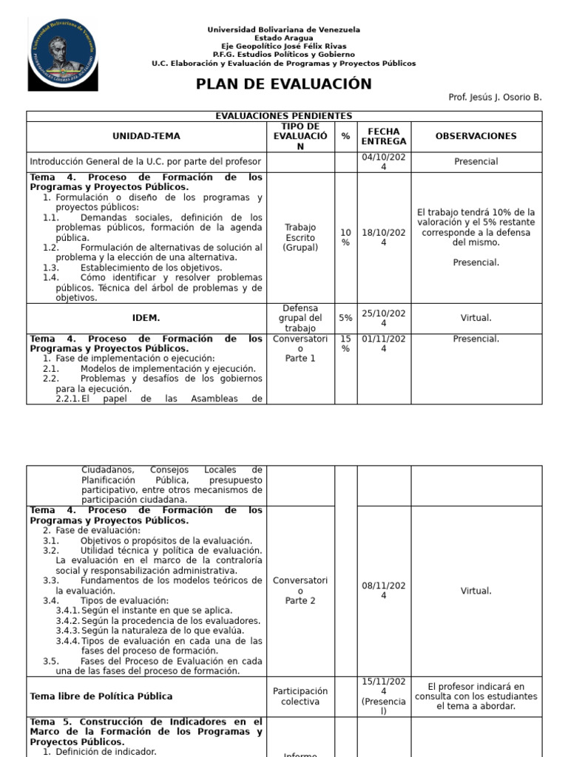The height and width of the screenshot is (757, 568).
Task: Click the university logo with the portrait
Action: pos(63,55)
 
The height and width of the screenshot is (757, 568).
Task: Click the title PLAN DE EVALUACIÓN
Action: pos(284,84)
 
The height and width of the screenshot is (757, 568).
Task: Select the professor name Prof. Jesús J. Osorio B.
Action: pos(495,98)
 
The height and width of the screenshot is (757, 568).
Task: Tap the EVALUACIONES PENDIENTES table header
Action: pos(284,116)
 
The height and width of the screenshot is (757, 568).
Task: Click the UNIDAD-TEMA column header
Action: pos(146,137)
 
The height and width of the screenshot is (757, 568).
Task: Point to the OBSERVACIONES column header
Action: pos(476,137)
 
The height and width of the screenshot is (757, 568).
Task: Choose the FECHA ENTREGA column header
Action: pos(383,137)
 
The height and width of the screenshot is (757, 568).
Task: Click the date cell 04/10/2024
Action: pos(383,162)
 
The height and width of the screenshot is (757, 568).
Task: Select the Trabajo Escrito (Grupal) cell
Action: pos(300,238)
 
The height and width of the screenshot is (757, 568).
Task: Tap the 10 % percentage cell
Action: pos(345,238)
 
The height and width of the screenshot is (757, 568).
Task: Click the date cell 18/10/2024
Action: pos(383,238)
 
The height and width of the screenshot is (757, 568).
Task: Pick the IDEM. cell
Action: pos(146,318)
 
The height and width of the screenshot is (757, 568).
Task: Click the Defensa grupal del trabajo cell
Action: pos(300,318)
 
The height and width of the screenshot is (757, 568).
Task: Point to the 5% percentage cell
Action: pos(345,318)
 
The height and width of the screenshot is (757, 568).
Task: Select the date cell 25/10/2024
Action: pos(383,318)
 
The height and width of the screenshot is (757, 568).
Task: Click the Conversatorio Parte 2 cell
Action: pos(300,591)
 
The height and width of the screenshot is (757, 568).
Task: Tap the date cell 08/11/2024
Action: pos(383,591)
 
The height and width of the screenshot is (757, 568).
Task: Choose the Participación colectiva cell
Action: pos(300,696)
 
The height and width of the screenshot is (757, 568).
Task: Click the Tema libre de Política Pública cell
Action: pos(101,696)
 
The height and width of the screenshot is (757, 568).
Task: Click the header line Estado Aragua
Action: pos(283,38)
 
